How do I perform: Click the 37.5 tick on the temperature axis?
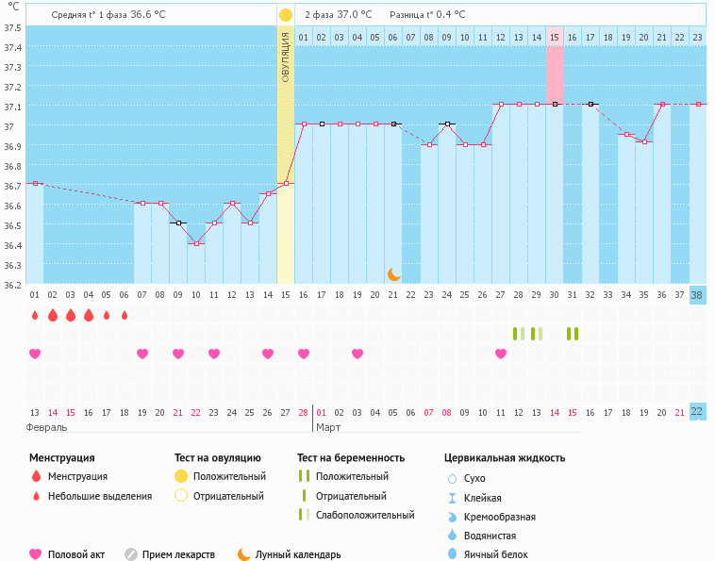(12, 27)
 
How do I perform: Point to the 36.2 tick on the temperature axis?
(12, 284)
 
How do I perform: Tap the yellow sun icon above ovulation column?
(285, 16)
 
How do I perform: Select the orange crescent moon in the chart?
(393, 274)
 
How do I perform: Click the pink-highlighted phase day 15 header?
(555, 37)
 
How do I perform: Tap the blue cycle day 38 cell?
(697, 295)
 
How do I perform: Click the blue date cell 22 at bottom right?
(697, 412)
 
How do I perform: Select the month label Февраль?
(46, 428)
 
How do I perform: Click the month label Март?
(329, 428)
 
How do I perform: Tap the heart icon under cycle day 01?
(35, 354)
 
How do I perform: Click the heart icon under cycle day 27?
(501, 354)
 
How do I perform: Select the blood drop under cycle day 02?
(53, 315)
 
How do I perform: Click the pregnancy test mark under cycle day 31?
(572, 334)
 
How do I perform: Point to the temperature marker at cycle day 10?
(196, 243)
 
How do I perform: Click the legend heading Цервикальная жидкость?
(505, 458)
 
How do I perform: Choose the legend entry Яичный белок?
(495, 555)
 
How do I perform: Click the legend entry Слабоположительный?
(364, 516)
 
